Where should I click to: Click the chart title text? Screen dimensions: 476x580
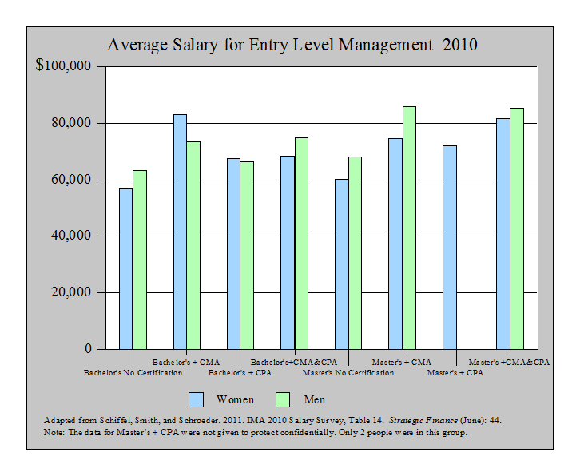[x=292, y=45]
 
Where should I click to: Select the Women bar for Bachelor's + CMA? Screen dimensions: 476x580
[x=180, y=232]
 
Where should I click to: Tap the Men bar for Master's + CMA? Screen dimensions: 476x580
[x=409, y=228]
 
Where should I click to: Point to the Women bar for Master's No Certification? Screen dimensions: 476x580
[x=341, y=264]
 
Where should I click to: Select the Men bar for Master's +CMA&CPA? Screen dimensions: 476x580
[x=517, y=228]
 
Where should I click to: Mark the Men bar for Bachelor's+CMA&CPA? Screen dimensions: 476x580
[x=301, y=244]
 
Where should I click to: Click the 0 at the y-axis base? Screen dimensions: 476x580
[x=89, y=349]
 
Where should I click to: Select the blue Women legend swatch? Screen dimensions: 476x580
[x=197, y=399]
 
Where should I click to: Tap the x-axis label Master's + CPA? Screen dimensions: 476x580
[x=455, y=372]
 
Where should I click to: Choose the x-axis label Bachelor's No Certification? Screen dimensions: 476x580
[x=133, y=372]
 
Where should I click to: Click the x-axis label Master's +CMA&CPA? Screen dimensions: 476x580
[x=509, y=363]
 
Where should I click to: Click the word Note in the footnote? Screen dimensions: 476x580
[x=54, y=432]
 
